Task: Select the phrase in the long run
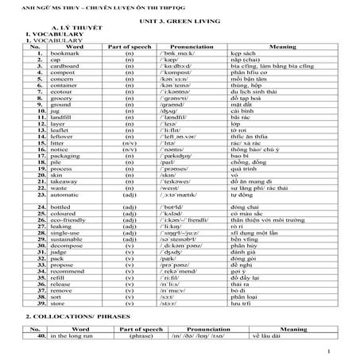pyautogui.click(x=72, y=336)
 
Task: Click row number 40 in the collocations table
pyautogui.click(x=33, y=336)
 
